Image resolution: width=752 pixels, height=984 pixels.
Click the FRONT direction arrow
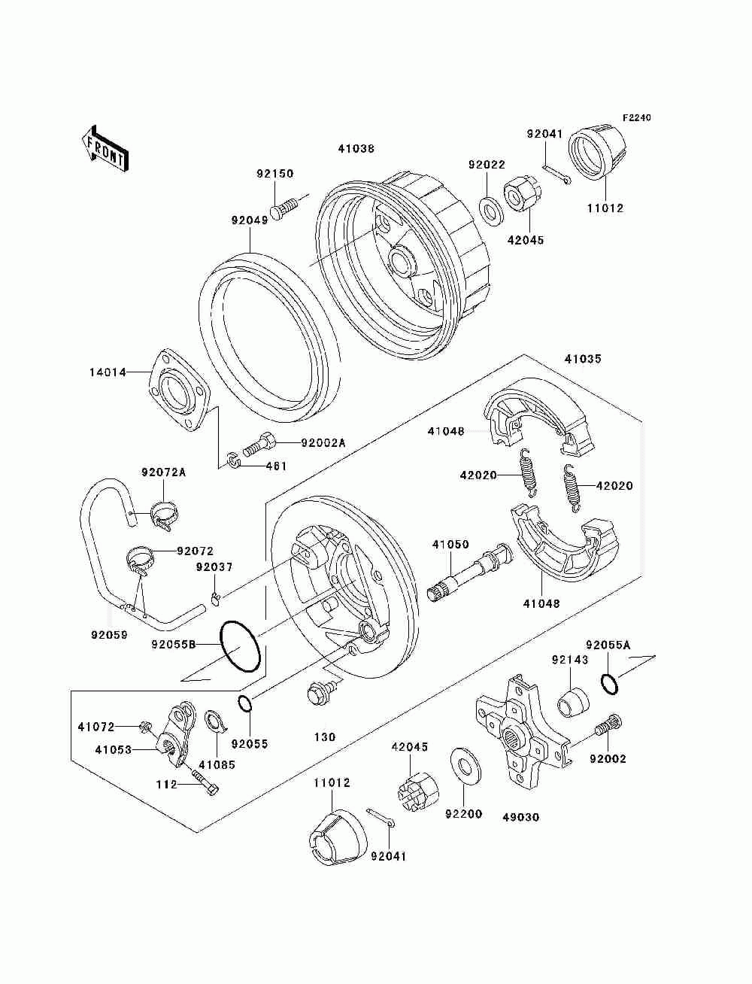coord(104,147)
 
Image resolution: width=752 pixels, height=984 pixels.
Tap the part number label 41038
coord(356,149)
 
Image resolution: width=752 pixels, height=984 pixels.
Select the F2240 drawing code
coord(636,118)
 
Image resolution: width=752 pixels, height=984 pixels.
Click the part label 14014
coord(108,372)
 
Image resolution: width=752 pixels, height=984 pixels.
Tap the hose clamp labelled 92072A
coord(165,515)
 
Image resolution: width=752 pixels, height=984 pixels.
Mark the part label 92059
coord(109,634)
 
